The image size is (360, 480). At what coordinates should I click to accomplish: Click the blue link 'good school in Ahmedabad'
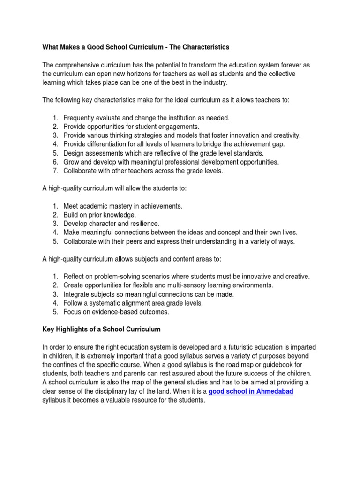[251, 391]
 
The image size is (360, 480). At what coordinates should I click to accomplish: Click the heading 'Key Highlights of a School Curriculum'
[101, 330]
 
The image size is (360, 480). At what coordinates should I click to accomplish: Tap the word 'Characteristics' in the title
[203, 47]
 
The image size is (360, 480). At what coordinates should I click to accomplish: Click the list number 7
[55, 171]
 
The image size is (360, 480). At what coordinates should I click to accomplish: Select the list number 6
[55, 162]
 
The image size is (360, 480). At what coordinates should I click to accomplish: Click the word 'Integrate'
[77, 294]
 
